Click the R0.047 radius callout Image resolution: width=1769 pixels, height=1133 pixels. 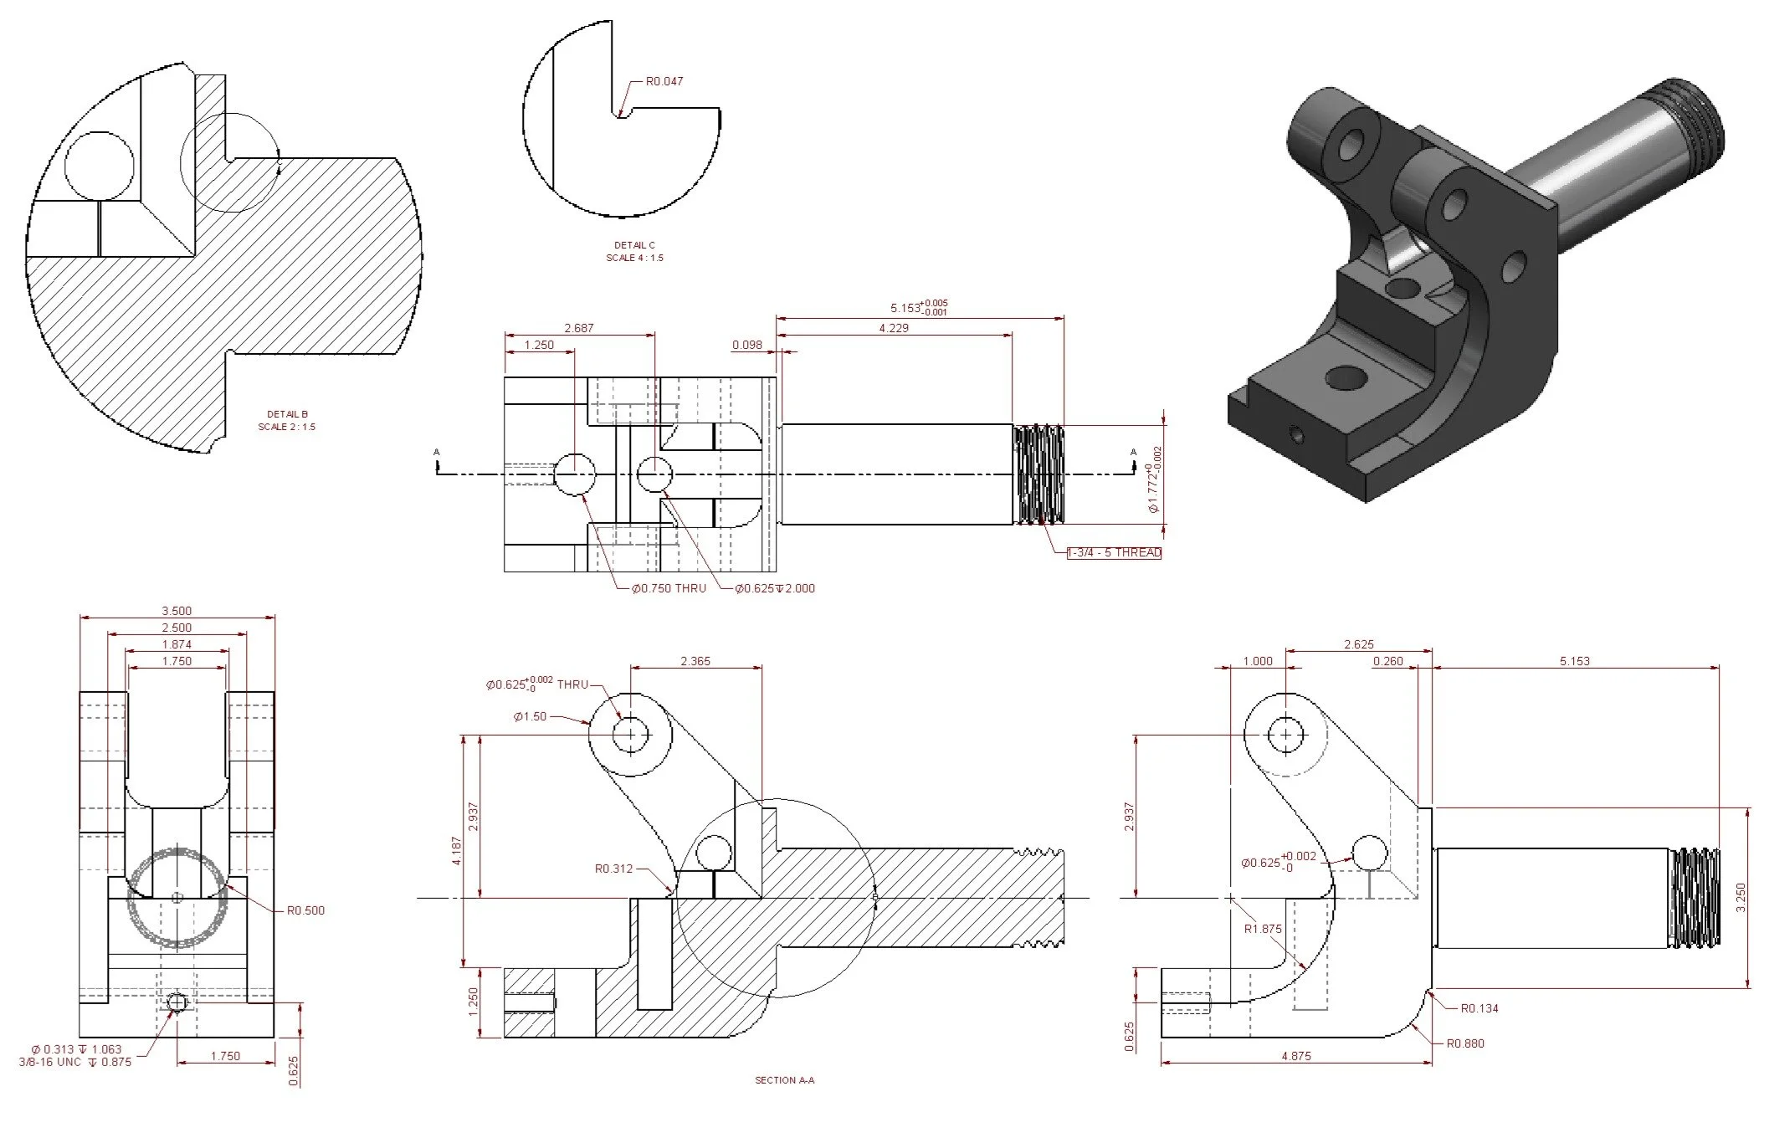pyautogui.click(x=664, y=82)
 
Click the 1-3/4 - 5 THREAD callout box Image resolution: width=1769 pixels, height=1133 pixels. pyautogui.click(x=1115, y=553)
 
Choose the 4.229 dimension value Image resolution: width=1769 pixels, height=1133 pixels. pyautogui.click(x=894, y=328)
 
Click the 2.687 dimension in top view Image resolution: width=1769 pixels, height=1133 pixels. pyautogui.click(x=579, y=328)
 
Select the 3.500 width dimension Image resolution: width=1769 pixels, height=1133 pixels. pyautogui.click(x=177, y=611)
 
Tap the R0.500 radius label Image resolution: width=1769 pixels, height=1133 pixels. pyautogui.click(x=305, y=910)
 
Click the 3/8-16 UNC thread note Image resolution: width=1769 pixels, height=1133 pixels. pyautogui.click(x=75, y=1062)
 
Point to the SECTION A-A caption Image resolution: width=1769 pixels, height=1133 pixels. pyautogui.click(x=784, y=1080)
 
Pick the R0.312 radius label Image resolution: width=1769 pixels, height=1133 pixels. pyautogui.click(x=613, y=869)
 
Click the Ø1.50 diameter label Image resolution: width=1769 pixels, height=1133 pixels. pyautogui.click(x=530, y=717)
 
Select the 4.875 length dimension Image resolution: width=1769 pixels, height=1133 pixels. pyautogui.click(x=1295, y=1056)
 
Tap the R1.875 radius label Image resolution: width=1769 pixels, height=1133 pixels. pyautogui.click(x=1263, y=929)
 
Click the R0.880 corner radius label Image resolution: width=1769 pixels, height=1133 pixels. pyautogui.click(x=1466, y=1043)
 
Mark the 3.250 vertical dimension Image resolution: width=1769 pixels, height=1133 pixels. pyautogui.click(x=1741, y=898)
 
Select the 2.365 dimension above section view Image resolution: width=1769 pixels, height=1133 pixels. pyautogui.click(x=695, y=661)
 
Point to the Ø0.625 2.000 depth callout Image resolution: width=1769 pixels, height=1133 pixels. pyautogui.click(x=775, y=588)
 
